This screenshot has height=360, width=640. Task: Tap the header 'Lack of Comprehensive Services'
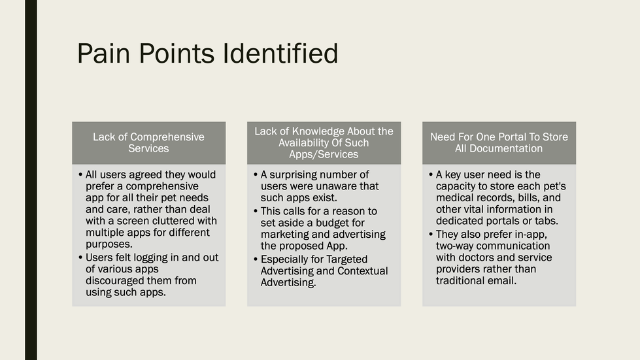(x=148, y=142)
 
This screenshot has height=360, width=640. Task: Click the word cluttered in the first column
(x=170, y=221)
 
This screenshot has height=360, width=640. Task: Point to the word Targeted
(x=346, y=259)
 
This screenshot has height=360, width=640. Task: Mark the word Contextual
(x=362, y=270)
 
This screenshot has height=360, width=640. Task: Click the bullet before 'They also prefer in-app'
(x=431, y=235)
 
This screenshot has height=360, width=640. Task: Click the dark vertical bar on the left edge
(x=31, y=180)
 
